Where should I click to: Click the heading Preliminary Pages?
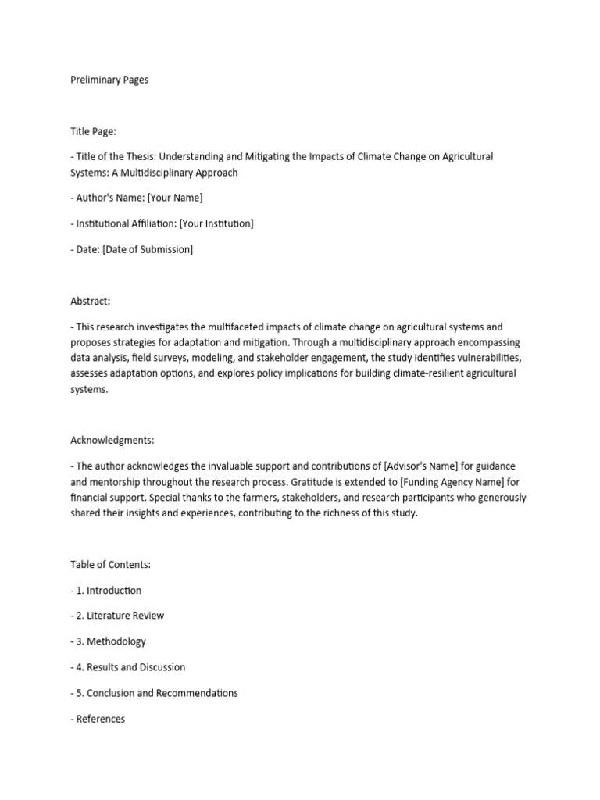coord(109,80)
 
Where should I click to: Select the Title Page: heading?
coord(93,131)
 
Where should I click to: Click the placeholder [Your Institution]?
coord(216,223)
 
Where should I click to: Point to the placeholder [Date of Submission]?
coord(148,249)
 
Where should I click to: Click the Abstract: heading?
coord(91,300)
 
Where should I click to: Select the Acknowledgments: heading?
coord(111,440)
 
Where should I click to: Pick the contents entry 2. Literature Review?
coord(120,616)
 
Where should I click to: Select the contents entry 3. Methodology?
coord(112,641)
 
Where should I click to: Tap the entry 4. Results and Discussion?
coord(131,667)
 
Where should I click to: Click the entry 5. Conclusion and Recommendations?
coord(158,693)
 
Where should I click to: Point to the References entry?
coord(100,719)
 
